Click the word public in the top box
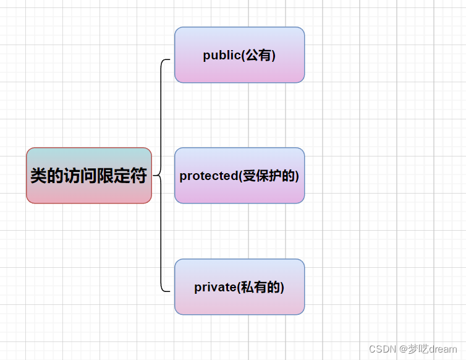point(221,55)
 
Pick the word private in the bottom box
point(214,287)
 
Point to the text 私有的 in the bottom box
point(261,287)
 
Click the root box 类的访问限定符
point(88,176)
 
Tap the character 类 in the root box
point(38,176)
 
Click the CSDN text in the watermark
point(382,349)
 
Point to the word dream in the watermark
point(443,349)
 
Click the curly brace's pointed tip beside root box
point(154,176)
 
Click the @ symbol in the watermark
point(402,349)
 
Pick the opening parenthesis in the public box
point(243,55)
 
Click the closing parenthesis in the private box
point(282,287)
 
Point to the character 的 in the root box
point(55,176)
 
